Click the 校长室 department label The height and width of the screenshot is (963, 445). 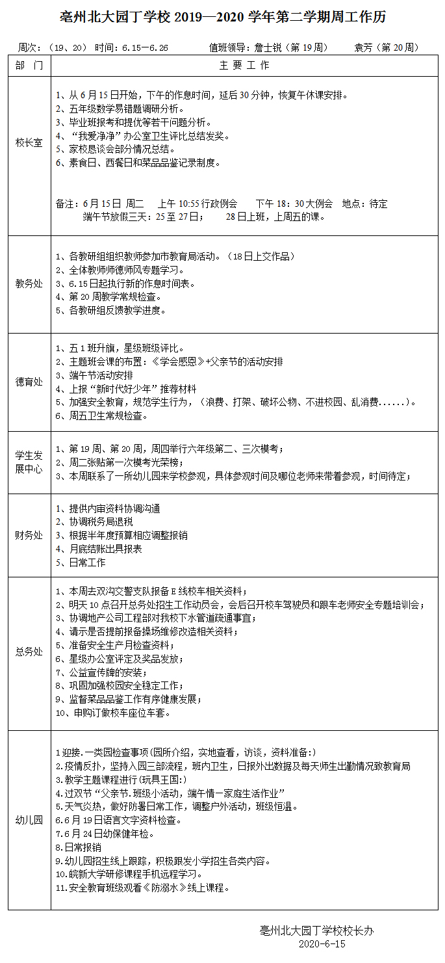29,142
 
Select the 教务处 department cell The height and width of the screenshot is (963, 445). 29,284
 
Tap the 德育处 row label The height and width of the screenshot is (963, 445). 29,382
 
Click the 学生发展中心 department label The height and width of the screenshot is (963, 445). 29,462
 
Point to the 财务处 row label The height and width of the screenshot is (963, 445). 29,535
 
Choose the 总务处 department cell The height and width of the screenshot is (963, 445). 29,651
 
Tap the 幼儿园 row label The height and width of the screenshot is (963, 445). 29,819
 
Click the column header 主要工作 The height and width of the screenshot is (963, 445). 244,66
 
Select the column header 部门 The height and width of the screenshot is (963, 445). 29,66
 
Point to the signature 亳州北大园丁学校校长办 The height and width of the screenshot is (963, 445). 316,930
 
